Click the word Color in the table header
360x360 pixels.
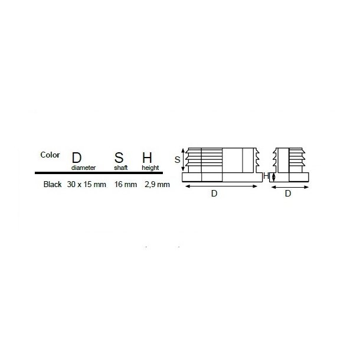[50, 155]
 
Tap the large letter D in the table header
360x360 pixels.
[77, 158]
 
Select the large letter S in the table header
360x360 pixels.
[119, 158]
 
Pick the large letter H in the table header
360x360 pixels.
[147, 158]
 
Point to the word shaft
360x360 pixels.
[120, 168]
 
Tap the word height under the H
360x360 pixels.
[150, 168]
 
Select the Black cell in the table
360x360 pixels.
[53, 184]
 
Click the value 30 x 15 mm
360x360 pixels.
[86, 184]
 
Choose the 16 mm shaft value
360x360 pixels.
[125, 184]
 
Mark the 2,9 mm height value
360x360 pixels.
[158, 184]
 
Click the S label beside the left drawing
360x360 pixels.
[177, 159]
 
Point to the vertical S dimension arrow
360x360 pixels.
[183, 159]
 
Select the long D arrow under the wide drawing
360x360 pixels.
[222, 186]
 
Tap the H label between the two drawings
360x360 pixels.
[266, 176]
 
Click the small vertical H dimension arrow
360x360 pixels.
[271, 176]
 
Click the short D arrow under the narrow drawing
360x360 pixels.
[290, 186]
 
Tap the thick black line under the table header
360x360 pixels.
[103, 172]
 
